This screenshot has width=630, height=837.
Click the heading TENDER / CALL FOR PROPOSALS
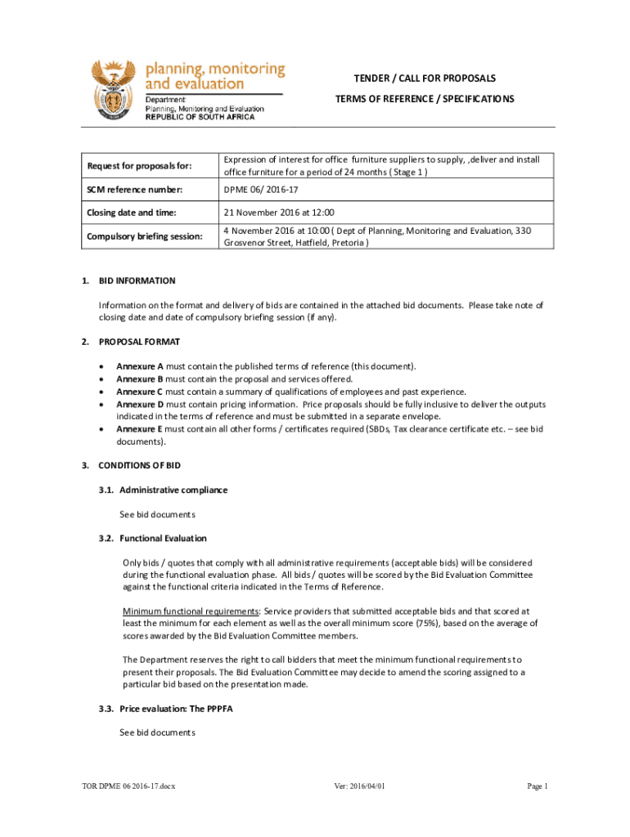[x=425, y=78]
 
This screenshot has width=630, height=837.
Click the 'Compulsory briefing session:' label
[x=145, y=236]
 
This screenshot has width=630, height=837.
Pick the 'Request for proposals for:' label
[x=139, y=167]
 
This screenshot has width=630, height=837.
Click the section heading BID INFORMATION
[x=137, y=281]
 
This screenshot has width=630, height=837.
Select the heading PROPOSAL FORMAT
[x=139, y=342]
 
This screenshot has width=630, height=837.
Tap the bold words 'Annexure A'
[x=140, y=366]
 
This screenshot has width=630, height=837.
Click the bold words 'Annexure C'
[x=140, y=392]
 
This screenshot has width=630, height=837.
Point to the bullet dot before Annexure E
[x=101, y=429]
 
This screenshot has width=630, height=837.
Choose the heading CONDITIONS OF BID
[x=139, y=466]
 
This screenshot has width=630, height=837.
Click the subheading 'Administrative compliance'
[x=173, y=490]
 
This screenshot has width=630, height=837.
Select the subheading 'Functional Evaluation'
[x=163, y=539]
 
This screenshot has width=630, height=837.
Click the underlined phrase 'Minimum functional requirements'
[x=191, y=611]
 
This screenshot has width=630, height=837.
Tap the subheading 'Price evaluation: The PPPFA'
[x=176, y=709]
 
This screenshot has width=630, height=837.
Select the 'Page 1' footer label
[x=538, y=786]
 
